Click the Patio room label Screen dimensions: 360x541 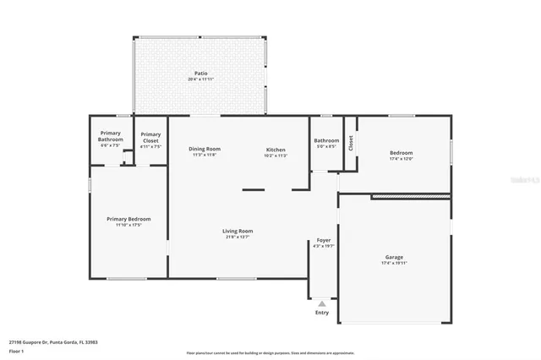[201, 74]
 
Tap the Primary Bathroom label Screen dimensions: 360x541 [111, 136]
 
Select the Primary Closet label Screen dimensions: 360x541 [150, 136]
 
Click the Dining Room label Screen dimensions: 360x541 [205, 149]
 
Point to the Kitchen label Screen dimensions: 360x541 [276, 149]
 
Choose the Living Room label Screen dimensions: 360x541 [238, 231]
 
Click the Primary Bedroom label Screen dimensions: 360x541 [128, 219]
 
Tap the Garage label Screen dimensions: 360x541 [394, 257]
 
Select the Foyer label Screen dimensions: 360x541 [324, 240]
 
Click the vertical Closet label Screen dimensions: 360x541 [350, 143]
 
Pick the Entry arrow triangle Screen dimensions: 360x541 [322, 303]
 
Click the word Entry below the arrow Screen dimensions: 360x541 [322, 313]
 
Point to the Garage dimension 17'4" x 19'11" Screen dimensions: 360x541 [394, 263]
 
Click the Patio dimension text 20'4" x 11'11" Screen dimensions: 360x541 [201, 79]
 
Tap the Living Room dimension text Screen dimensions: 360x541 [238, 237]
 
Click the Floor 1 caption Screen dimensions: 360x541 [16, 350]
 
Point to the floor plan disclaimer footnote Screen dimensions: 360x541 [270, 353]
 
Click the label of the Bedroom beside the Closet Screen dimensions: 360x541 [401, 153]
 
